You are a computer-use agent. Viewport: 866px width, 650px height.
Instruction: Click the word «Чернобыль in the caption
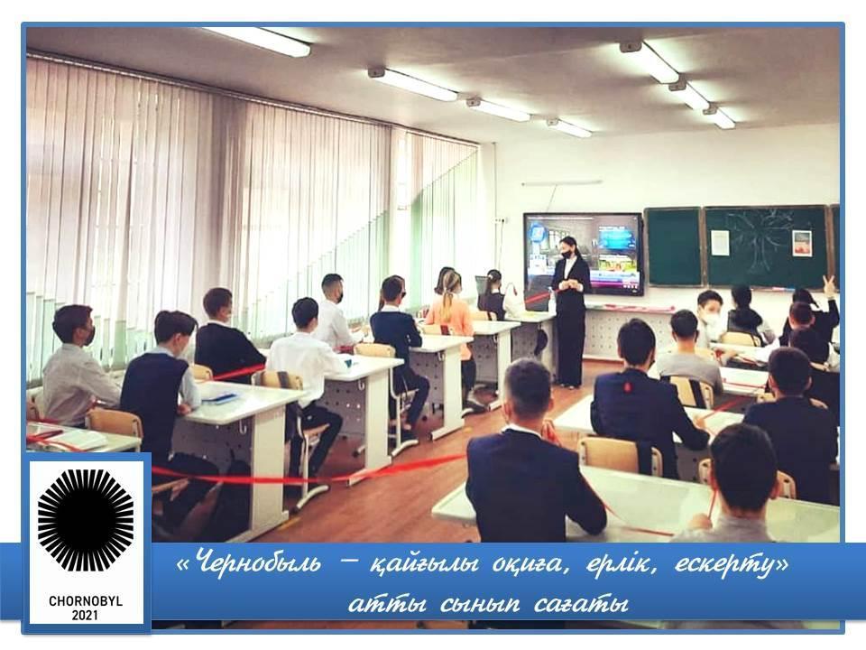248,563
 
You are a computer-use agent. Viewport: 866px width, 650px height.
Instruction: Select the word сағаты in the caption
582,604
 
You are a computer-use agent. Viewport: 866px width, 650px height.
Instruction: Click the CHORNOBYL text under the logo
86,601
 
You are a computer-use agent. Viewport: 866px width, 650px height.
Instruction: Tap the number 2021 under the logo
86,615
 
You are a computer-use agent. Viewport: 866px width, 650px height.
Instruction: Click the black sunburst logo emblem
86,520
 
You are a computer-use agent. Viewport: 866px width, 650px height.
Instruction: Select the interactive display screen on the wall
584,254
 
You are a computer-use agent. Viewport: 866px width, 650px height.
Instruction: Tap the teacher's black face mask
567,253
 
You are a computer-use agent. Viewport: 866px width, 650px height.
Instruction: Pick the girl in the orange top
453,326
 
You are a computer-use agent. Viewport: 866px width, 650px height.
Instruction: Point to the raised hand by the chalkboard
827,284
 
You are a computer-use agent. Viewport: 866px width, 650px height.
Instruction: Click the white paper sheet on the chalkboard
720,243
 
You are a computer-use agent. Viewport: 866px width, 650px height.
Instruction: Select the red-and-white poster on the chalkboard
801,243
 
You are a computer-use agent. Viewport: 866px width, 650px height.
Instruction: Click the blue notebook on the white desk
219,397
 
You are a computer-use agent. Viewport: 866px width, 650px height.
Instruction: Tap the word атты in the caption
387,604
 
